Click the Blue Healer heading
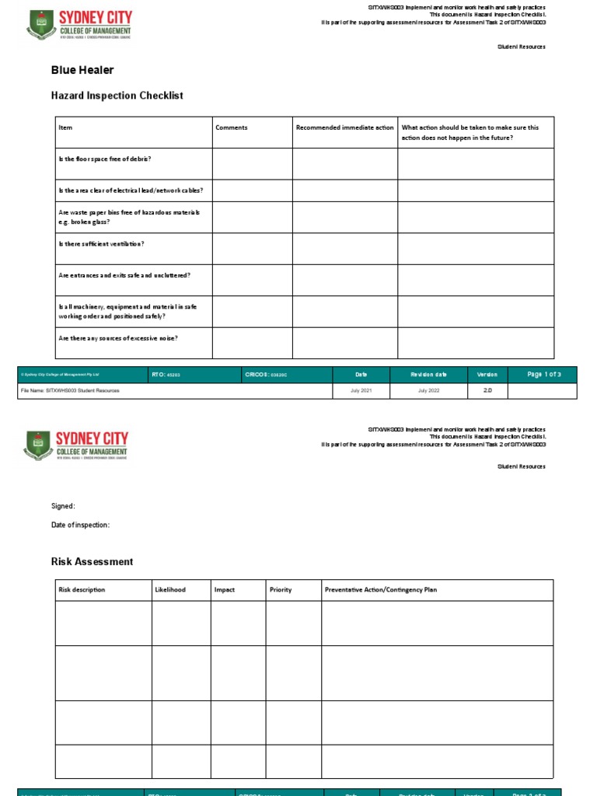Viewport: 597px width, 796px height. point(82,70)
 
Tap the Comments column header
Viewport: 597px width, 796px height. point(232,127)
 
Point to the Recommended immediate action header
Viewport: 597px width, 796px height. point(344,127)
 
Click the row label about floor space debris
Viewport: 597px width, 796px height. point(105,159)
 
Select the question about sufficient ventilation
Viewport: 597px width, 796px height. point(101,244)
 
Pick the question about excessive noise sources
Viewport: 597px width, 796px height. point(117,338)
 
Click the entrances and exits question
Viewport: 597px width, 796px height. point(124,275)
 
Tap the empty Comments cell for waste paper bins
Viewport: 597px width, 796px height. point(252,217)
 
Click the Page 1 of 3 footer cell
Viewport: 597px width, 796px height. point(543,375)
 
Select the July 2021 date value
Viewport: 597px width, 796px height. point(361,390)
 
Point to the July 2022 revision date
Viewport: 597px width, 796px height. point(428,390)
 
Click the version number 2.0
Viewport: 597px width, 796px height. point(487,390)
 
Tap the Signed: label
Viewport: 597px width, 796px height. point(63,506)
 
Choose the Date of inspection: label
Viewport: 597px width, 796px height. point(81,525)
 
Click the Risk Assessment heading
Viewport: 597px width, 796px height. point(92,561)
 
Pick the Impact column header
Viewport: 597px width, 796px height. point(225,590)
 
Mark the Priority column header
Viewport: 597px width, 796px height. point(281,590)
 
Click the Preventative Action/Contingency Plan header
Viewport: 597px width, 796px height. point(380,590)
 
